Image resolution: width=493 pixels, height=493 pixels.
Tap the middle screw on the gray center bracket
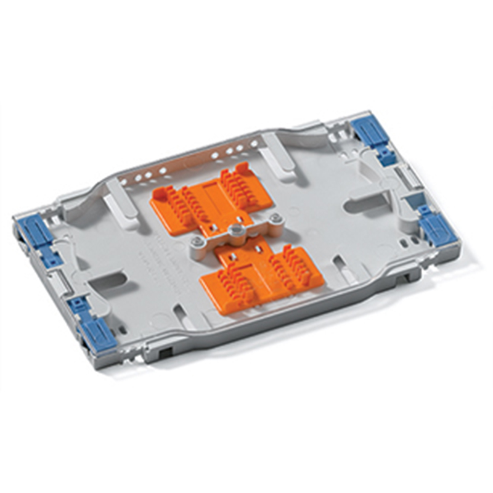[234, 229]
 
